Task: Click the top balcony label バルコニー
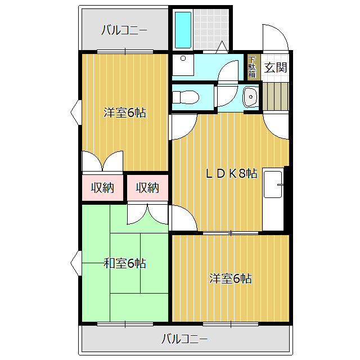point(124,30)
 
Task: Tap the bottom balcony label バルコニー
point(184,339)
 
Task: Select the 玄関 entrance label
point(276,67)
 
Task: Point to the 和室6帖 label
point(125,263)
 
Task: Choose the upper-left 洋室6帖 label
point(125,112)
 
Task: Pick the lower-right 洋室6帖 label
point(231,278)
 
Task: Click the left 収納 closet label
point(103,188)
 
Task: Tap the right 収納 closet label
point(147,188)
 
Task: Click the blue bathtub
point(183,29)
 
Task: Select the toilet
point(184,97)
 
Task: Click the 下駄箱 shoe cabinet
point(252,67)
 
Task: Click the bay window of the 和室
point(75,263)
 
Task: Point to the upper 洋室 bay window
point(75,112)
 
